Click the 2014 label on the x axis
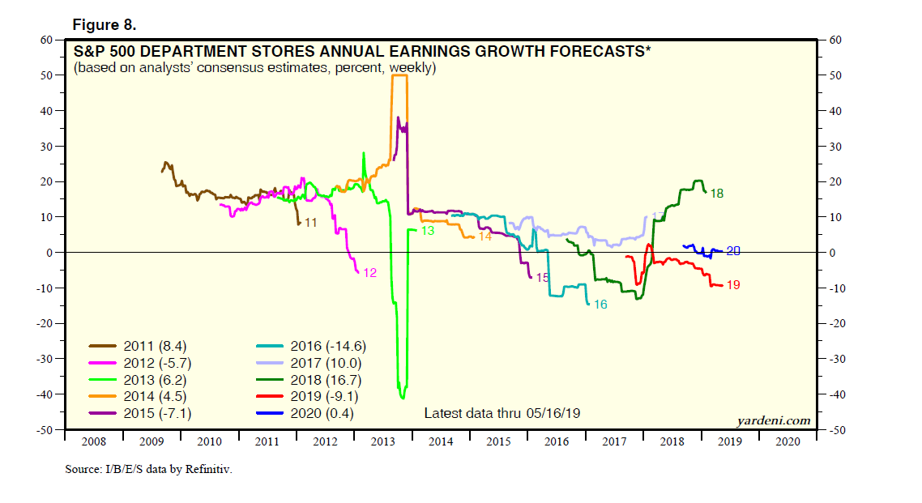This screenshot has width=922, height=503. click(440, 441)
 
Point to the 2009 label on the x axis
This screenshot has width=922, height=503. click(151, 441)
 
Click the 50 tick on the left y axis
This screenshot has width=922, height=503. click(47, 75)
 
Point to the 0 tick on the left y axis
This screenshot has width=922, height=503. click(50, 253)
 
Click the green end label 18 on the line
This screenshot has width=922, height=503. click(716, 194)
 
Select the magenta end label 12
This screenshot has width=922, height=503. click(369, 273)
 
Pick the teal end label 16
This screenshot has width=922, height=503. click(600, 305)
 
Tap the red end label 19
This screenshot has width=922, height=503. click(734, 285)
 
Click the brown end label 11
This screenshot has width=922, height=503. click(310, 222)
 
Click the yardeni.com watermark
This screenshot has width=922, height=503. click(773, 420)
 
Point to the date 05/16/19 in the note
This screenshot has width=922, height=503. click(553, 413)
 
